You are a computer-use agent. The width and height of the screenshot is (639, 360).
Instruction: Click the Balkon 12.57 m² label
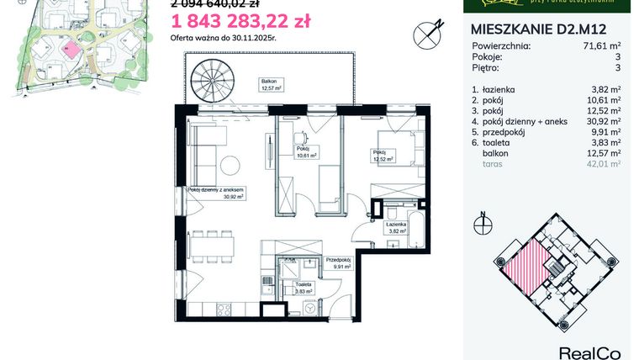pos(271,84)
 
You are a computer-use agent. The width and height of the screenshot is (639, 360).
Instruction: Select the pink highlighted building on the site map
pos(74,49)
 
